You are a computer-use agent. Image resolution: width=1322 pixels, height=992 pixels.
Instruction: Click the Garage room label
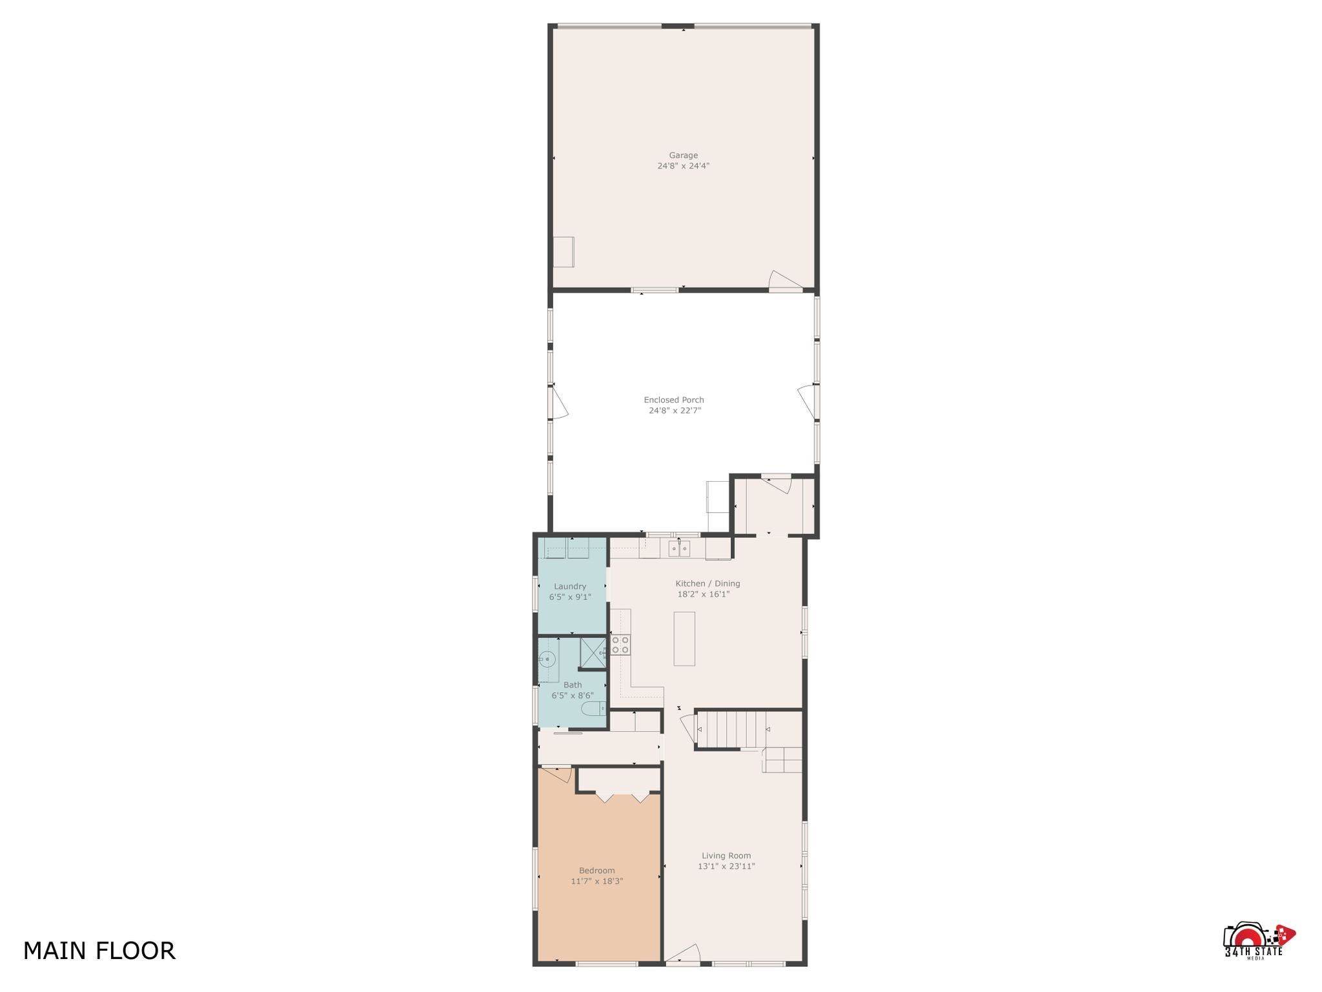683,155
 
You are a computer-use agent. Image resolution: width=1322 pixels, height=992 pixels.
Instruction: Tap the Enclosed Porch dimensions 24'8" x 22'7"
675,410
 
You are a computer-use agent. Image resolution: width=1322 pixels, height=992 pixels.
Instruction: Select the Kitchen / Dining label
707,583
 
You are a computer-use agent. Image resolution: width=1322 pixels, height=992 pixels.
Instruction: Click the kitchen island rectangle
684,639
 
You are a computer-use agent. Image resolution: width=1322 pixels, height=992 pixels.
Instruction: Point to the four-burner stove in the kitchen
620,645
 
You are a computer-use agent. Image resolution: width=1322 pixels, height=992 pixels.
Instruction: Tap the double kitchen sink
679,549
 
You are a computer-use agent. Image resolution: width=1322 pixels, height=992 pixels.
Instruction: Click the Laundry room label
570,586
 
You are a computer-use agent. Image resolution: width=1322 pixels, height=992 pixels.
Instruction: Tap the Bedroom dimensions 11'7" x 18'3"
596,881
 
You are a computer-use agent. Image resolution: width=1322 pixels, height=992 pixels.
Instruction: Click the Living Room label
726,856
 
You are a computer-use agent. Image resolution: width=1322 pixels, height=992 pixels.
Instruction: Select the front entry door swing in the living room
683,953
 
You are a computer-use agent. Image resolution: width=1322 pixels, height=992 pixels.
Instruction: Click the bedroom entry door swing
557,774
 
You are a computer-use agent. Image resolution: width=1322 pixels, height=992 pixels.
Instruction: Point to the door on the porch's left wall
558,402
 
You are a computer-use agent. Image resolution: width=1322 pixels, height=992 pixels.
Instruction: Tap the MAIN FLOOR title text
99,951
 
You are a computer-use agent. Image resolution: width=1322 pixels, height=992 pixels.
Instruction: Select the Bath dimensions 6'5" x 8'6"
573,696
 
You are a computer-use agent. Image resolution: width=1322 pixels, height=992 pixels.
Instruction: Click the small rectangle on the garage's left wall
564,251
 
